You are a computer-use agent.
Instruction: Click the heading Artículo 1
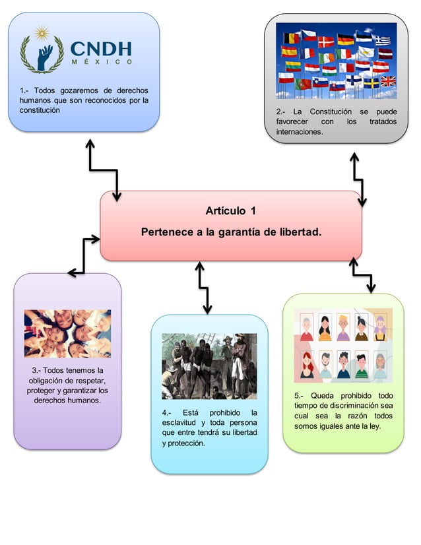point(230,211)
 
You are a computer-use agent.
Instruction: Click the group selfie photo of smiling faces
point(67,333)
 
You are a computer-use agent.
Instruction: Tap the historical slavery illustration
point(209,366)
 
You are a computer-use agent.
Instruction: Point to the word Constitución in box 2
point(335,112)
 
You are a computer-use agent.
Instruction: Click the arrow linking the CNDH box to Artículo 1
point(104,170)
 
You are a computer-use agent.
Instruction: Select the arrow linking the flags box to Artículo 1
point(358,178)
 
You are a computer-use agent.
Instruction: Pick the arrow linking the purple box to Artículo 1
point(84,256)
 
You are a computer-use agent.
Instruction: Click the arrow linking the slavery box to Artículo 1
point(203,288)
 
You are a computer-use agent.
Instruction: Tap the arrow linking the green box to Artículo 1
point(362,274)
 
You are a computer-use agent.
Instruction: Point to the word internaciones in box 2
point(300,132)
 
